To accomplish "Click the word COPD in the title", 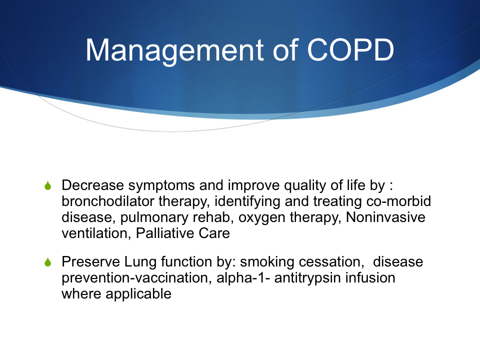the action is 350,49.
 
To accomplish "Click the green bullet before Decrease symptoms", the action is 48,185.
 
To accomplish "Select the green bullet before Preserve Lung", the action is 48,262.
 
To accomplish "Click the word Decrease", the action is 93,185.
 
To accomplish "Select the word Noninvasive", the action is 385,217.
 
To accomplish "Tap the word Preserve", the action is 90,261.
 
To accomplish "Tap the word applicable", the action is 138,294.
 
